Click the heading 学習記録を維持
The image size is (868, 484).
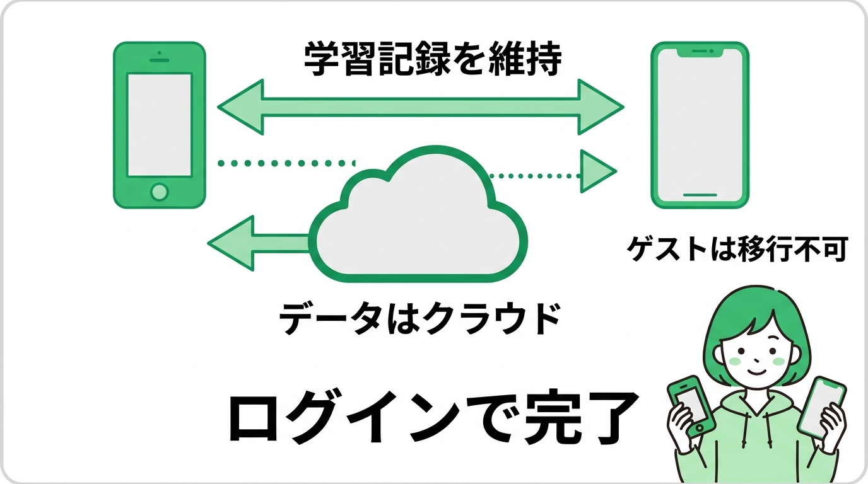click(432, 60)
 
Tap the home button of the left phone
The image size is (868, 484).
click(160, 191)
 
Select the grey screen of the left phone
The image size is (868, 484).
click(160, 125)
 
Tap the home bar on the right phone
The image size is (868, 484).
click(700, 195)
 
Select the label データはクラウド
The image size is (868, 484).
click(419, 320)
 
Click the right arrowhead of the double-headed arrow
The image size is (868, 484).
click(599, 107)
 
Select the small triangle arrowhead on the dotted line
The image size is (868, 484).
click(595, 171)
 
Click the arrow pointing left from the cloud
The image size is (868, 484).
click(252, 243)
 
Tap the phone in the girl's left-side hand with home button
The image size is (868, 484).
click(693, 405)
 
